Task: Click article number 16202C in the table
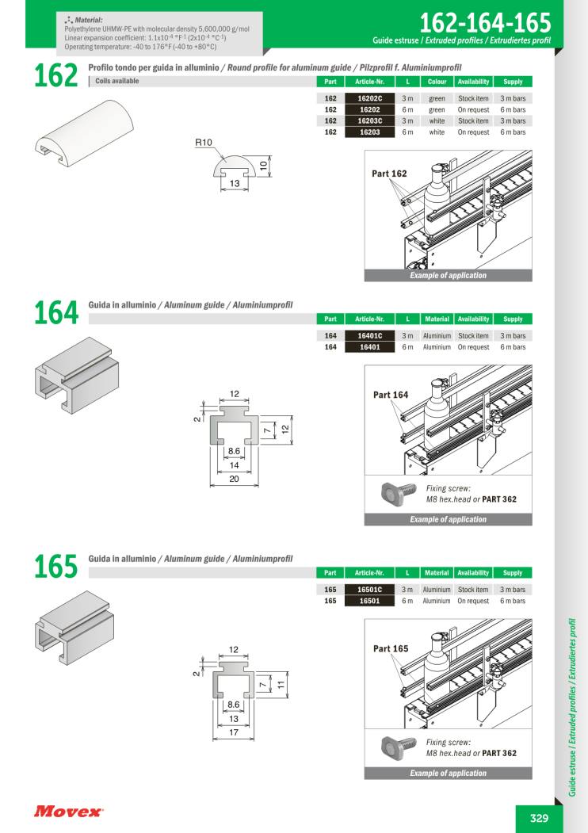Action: coord(370,98)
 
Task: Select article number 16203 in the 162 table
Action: coord(370,132)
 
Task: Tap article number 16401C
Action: coord(370,336)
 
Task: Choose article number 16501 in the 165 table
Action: coord(370,601)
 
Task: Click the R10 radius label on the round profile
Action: coord(204,143)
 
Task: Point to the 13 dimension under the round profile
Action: coord(235,183)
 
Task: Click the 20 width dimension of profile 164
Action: coord(235,479)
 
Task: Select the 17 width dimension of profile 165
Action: coord(234,732)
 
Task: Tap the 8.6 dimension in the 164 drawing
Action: coord(235,450)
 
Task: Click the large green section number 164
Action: coord(56,312)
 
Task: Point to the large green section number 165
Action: coord(55,567)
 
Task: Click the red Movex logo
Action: coord(68,812)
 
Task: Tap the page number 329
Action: coord(539,818)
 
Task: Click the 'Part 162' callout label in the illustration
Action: coord(389,174)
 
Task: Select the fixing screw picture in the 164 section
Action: coord(399,492)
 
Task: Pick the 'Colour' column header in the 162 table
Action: coord(437,82)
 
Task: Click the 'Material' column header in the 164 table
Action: coord(437,319)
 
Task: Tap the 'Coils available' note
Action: coord(116,82)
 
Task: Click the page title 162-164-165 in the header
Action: coord(486,23)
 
